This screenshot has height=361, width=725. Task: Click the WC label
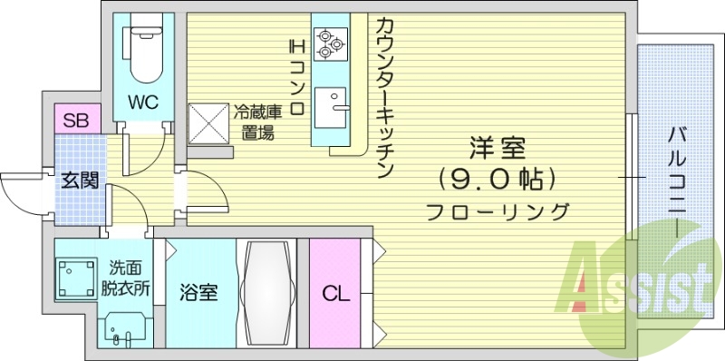tap(143, 102)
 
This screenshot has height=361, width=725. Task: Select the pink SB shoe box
tap(75, 119)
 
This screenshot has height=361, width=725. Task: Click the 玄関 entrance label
tap(79, 179)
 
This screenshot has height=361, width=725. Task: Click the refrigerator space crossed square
tap(208, 123)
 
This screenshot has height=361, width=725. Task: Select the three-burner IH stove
tap(328, 41)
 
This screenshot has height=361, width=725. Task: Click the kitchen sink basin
tap(336, 101)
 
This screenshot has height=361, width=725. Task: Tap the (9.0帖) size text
tap(495, 179)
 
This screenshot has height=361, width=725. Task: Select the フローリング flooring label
tap(498, 213)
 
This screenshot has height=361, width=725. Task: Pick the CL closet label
tap(335, 294)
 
